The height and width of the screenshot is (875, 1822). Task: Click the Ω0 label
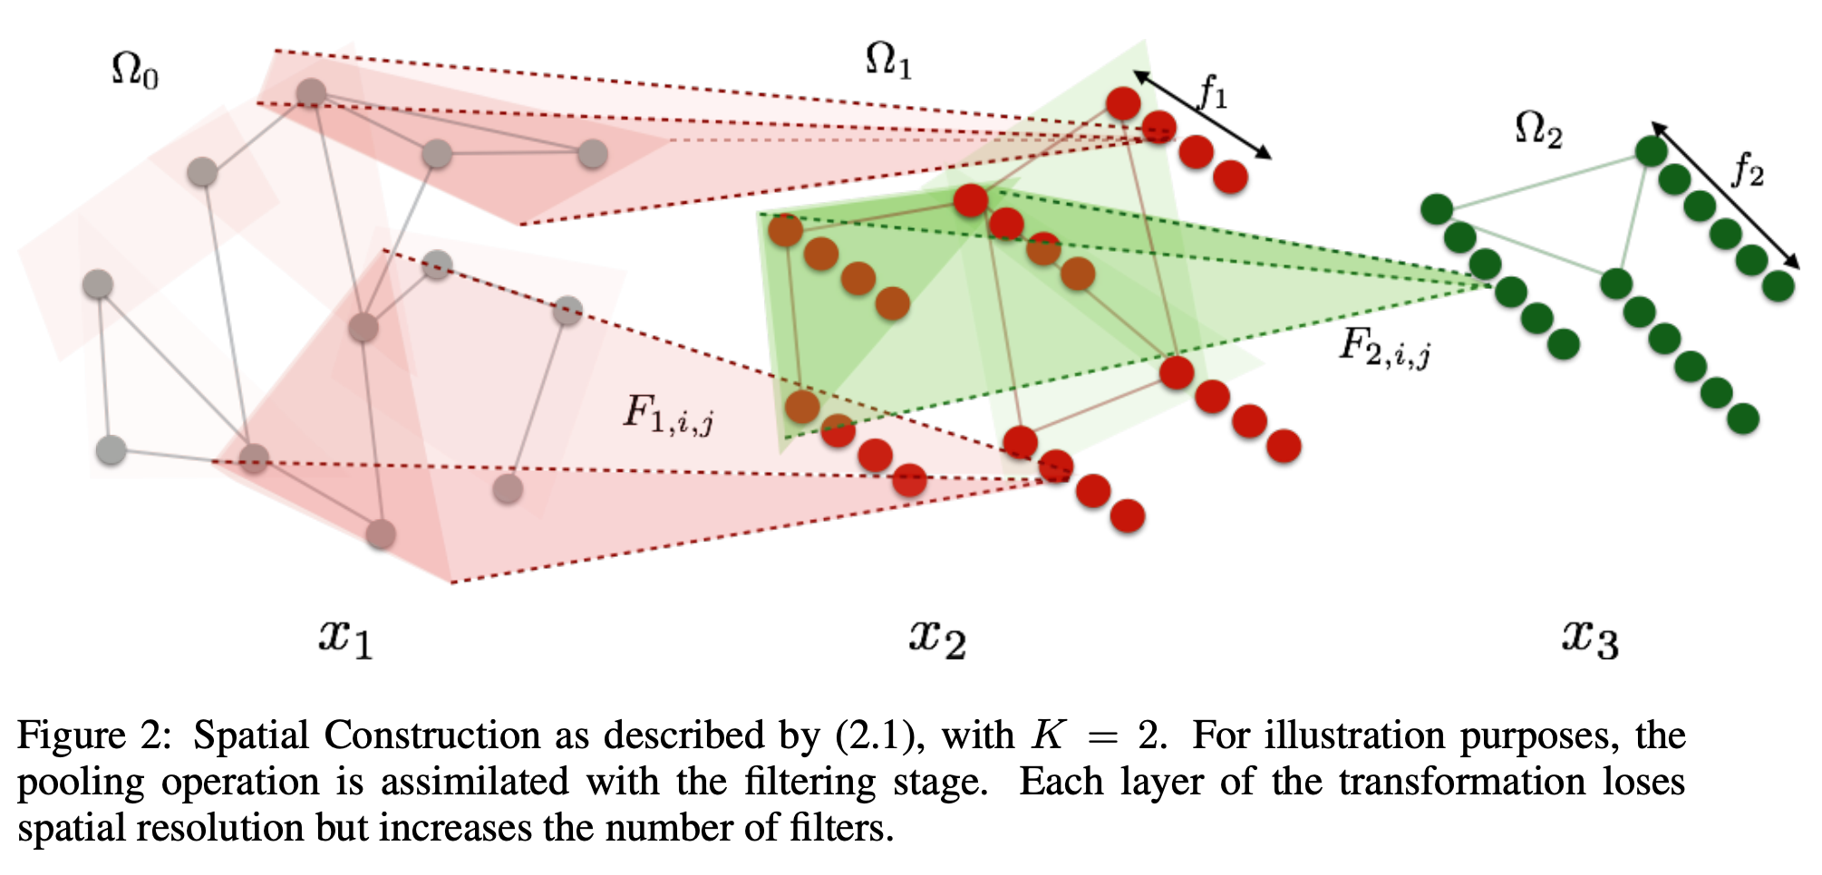[134, 71]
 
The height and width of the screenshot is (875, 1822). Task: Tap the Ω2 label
[1538, 130]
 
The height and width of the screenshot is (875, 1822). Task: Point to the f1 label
[1213, 91]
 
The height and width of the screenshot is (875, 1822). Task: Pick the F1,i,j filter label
[668, 414]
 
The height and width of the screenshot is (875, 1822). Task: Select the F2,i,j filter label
[1384, 346]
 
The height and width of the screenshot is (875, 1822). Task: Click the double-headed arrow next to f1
[1202, 114]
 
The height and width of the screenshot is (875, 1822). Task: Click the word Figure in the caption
[72, 736]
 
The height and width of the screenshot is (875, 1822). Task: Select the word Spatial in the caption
[251, 736]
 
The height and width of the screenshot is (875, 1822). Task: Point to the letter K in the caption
[1048, 736]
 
